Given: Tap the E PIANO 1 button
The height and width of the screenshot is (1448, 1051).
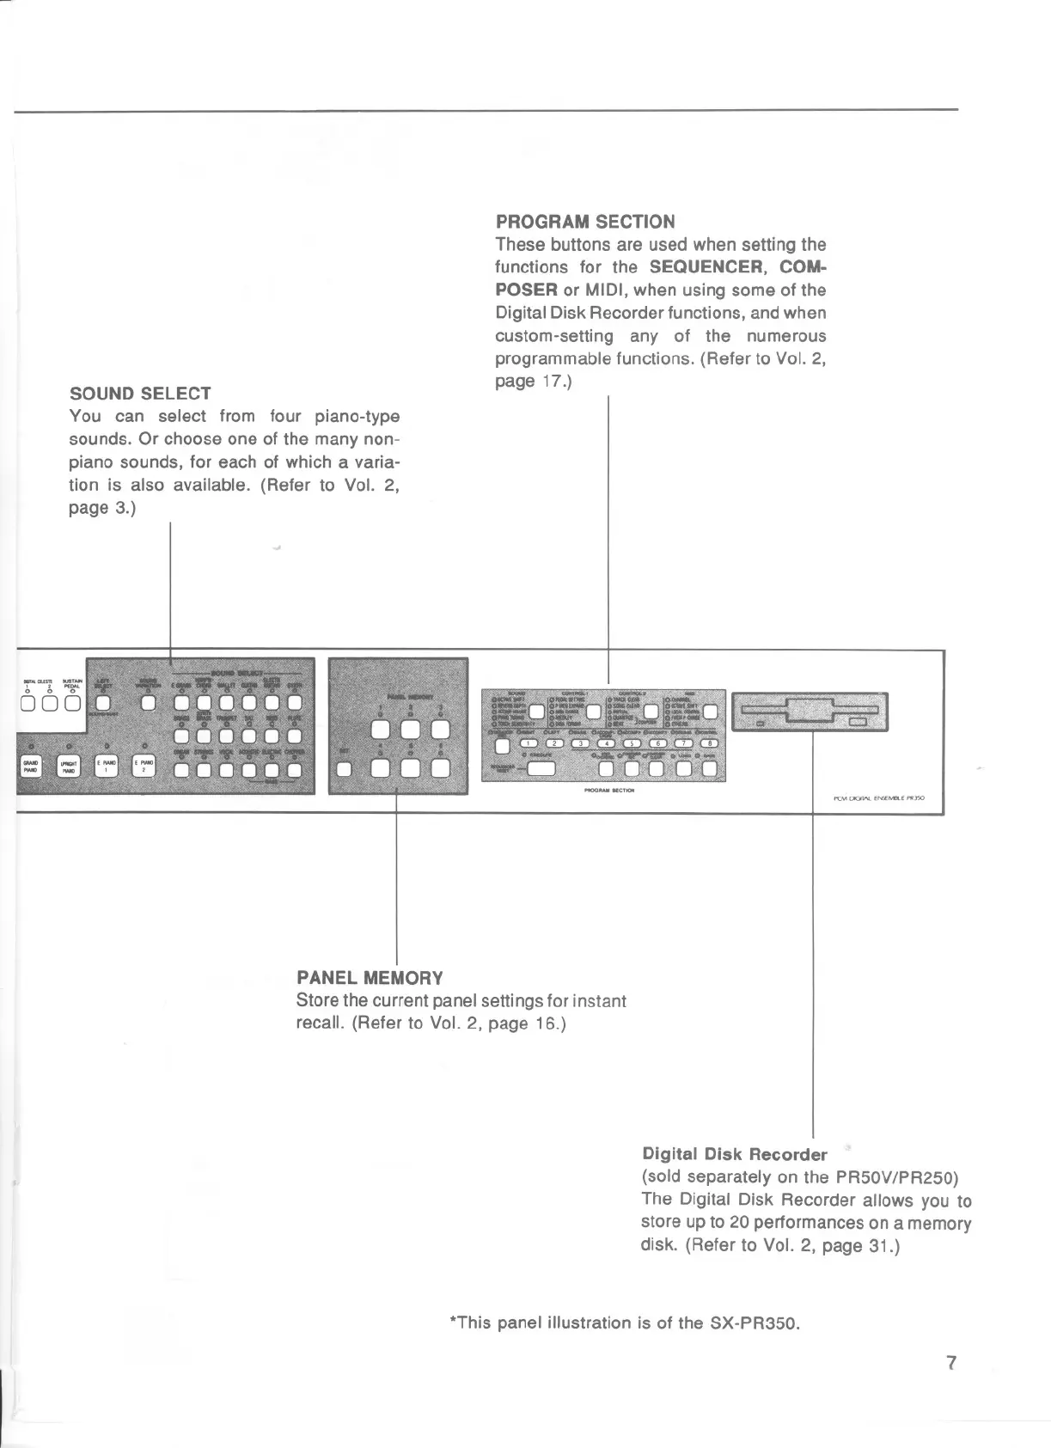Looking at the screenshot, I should point(106,767).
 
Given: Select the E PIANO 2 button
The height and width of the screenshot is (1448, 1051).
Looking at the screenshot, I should point(144,767).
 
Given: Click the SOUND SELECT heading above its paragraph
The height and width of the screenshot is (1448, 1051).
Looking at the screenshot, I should point(140,394).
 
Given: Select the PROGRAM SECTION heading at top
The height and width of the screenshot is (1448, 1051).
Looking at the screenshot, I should point(585,221).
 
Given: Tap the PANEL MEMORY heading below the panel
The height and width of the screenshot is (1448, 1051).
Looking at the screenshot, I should point(370,977).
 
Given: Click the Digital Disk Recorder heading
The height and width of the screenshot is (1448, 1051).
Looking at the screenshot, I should point(734,1153).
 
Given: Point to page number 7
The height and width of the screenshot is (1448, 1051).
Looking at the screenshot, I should point(950,1386).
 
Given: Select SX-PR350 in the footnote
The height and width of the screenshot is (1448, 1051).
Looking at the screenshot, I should point(754,1323).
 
